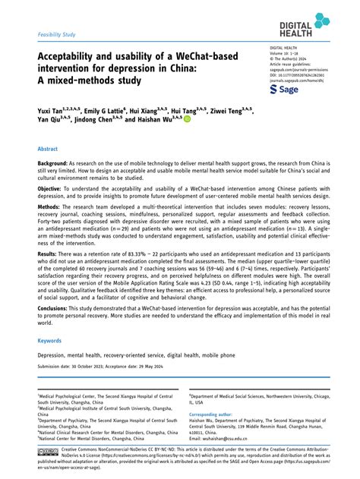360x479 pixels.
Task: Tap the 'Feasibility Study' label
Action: coord(58,35)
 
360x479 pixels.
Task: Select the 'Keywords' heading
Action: coord(50,341)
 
